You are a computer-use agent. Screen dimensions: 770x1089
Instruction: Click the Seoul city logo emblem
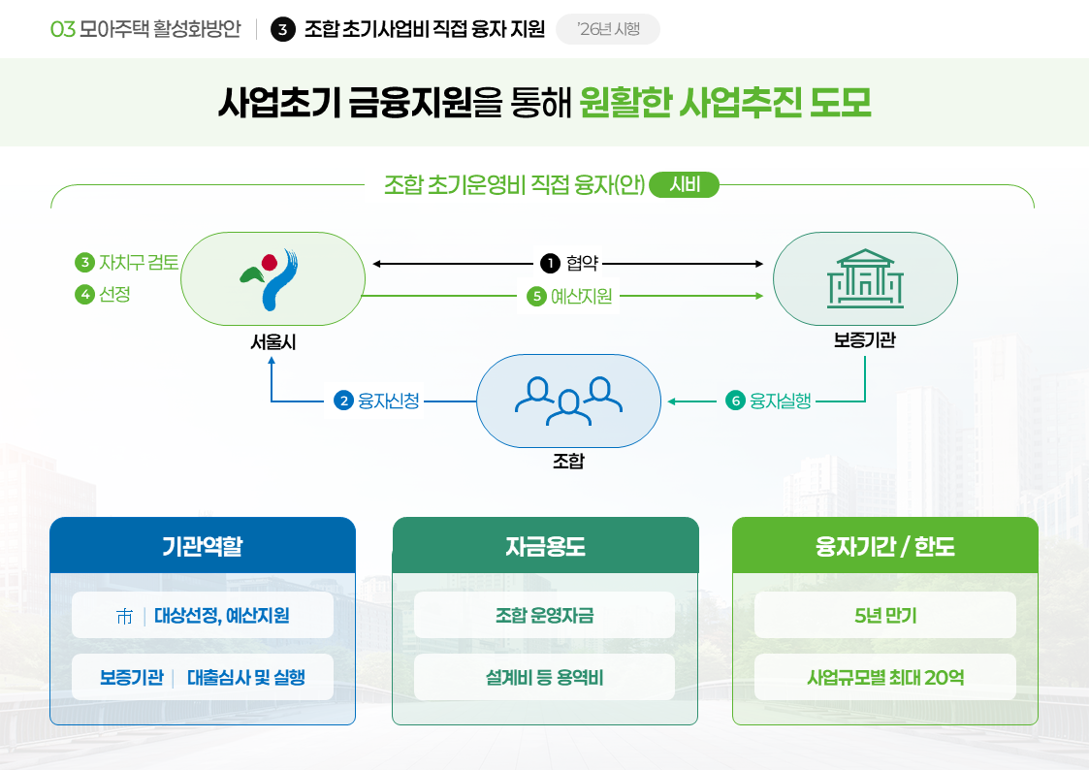tap(272, 278)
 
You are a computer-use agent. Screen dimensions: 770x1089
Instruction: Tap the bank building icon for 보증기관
tap(865, 278)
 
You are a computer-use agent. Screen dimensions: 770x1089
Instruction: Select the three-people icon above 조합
tap(568, 401)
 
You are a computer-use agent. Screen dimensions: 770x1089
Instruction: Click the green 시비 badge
tap(685, 184)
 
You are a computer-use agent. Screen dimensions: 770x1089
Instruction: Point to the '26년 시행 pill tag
tap(608, 29)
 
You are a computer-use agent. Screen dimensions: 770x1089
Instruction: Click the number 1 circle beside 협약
tap(550, 263)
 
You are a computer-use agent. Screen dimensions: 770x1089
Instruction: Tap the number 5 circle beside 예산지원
tap(536, 297)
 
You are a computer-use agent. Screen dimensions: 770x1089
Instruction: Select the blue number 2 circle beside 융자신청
tap(342, 401)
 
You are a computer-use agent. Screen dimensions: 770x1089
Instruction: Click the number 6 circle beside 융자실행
tap(735, 401)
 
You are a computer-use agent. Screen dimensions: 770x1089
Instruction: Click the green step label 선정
tap(114, 294)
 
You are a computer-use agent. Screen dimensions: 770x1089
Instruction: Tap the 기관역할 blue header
tap(203, 546)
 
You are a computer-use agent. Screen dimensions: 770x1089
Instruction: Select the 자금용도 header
tap(545, 546)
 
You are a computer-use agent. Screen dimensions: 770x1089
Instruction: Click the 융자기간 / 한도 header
tap(885, 546)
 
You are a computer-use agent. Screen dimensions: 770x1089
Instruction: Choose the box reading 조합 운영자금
tap(544, 615)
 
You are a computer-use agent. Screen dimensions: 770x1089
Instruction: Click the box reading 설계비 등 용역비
tap(544, 677)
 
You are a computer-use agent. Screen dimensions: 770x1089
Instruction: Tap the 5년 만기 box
tap(885, 615)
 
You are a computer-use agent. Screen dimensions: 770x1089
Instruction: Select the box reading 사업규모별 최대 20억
tap(885, 677)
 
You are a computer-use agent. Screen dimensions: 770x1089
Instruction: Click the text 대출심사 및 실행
tap(245, 677)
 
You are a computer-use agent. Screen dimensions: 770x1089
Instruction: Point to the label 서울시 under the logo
tap(272, 341)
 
